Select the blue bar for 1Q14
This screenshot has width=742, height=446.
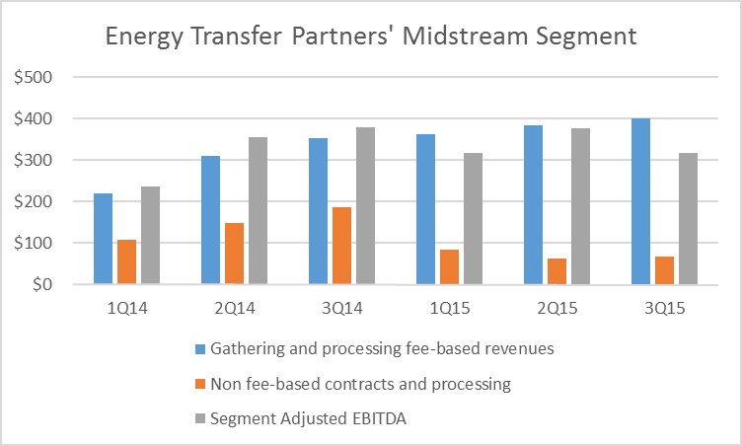pyautogui.click(x=104, y=239)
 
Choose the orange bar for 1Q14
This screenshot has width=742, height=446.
pyautogui.click(x=127, y=261)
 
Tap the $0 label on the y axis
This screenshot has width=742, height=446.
pyautogui.click(x=38, y=284)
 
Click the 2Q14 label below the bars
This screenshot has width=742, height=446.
pyautogui.click(x=236, y=309)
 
